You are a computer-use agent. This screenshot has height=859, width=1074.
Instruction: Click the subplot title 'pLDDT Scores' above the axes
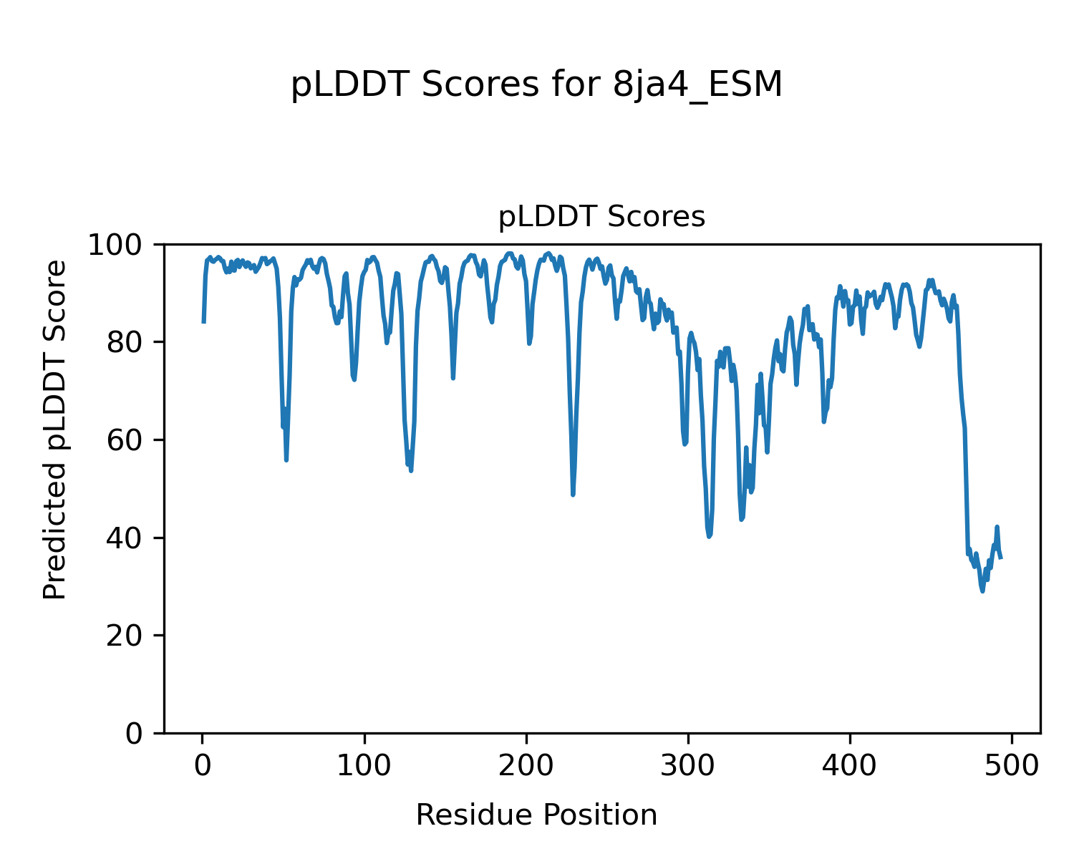click(x=601, y=217)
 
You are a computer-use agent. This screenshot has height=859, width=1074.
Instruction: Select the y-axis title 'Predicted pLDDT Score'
click(x=55, y=429)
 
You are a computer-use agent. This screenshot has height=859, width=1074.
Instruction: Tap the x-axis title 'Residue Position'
click(x=536, y=815)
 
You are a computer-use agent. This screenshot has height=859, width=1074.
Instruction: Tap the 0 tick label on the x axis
click(x=203, y=765)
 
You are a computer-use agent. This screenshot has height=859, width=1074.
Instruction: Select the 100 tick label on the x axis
click(x=364, y=765)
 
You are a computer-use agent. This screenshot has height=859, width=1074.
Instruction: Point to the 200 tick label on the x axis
click(x=526, y=765)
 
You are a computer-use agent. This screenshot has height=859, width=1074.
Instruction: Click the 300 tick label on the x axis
click(x=688, y=765)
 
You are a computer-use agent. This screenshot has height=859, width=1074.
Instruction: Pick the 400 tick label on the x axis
click(x=850, y=765)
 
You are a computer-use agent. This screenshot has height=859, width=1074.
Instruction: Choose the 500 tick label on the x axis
click(x=1012, y=765)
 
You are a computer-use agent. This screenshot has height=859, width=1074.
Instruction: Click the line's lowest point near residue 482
click(x=982, y=591)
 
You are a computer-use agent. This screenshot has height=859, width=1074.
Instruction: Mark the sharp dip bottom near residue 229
click(x=573, y=494)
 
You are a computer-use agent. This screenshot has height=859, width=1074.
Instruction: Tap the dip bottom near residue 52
click(x=286, y=460)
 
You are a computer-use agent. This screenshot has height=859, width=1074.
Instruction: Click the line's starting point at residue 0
click(x=203, y=322)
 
